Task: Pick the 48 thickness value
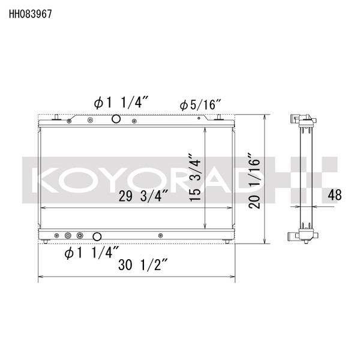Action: [335, 195]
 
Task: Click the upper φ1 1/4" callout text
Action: [119, 103]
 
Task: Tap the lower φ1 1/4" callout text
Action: [91, 253]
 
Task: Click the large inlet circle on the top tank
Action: [116, 119]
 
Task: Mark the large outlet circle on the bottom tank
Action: [97, 236]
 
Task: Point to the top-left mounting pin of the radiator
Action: [55, 117]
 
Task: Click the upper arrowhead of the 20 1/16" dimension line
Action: [265, 118]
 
